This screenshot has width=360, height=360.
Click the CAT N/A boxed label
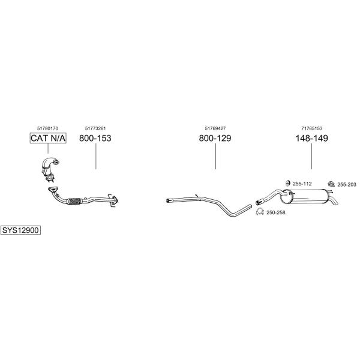click(x=48, y=138)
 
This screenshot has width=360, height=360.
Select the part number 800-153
click(x=95, y=138)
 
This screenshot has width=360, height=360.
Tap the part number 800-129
click(x=215, y=138)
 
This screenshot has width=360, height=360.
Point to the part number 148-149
click(x=311, y=138)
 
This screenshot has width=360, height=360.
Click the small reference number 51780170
click(x=48, y=128)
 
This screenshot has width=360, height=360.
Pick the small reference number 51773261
click(x=95, y=128)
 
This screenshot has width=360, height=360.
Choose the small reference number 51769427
click(x=215, y=128)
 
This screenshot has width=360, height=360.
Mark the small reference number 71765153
click(x=312, y=128)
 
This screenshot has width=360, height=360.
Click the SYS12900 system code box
click(x=20, y=230)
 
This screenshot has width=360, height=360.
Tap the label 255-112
click(x=302, y=184)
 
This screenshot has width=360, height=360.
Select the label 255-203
click(x=347, y=184)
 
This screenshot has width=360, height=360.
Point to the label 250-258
click(x=276, y=212)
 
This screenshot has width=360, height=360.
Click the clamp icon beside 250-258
click(x=260, y=212)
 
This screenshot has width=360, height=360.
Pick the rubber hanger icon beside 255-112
click(x=287, y=183)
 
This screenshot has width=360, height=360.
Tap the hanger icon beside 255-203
click(x=331, y=184)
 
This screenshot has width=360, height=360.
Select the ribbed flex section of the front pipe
click(x=74, y=201)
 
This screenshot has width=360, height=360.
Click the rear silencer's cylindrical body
click(x=305, y=196)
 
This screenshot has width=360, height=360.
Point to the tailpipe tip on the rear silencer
click(x=334, y=201)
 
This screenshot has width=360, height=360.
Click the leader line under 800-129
click(x=215, y=156)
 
